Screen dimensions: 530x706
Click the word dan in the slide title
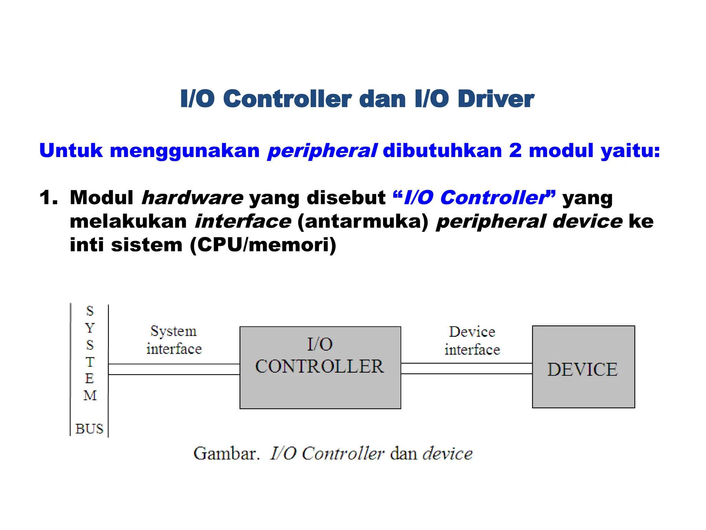382,99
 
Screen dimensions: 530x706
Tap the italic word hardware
192,198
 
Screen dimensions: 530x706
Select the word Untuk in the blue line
71,151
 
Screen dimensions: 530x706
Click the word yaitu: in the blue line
630,151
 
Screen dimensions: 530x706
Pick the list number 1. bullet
48,198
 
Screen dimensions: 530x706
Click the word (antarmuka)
363,221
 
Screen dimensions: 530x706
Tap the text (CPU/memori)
263,245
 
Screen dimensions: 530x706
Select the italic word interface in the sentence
243,221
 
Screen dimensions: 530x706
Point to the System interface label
174,340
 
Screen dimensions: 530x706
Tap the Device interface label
472,341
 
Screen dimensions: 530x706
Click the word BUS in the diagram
89,429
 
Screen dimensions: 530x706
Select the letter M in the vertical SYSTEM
90,395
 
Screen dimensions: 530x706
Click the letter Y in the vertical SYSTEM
90,328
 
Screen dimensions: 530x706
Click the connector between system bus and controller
174,369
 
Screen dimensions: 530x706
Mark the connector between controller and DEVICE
466,369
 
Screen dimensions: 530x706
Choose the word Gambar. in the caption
226,453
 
